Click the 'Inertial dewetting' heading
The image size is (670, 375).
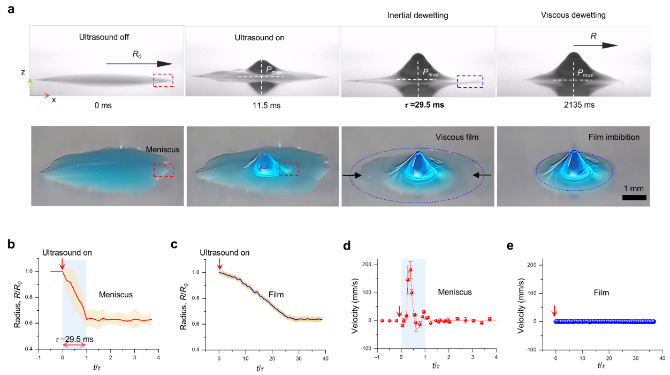click(x=417, y=15)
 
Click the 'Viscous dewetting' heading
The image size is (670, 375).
click(x=573, y=15)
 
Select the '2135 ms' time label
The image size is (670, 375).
click(x=573, y=105)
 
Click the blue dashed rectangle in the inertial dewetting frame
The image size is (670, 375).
click(x=470, y=81)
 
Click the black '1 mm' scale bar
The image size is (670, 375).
click(x=634, y=197)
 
